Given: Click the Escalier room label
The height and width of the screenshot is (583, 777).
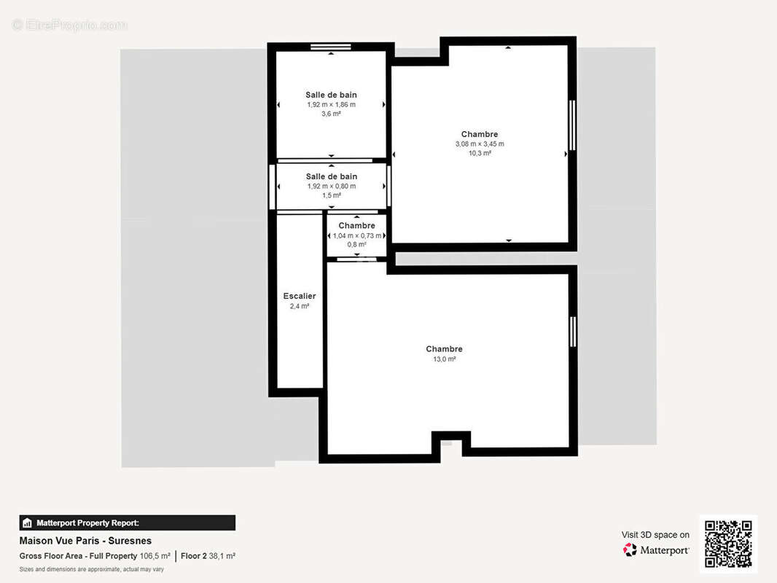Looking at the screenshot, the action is pyautogui.click(x=300, y=296).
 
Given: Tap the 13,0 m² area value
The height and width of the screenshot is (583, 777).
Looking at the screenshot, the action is pyautogui.click(x=445, y=359).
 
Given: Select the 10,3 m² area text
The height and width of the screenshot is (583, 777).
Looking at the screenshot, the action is pyautogui.click(x=480, y=153).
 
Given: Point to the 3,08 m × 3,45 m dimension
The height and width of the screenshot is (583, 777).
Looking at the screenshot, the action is pyautogui.click(x=480, y=144).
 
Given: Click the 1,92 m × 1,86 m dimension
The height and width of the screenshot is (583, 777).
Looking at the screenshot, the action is pyautogui.click(x=331, y=104).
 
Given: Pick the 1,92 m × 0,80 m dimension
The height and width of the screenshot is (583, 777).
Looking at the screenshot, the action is pyautogui.click(x=332, y=187).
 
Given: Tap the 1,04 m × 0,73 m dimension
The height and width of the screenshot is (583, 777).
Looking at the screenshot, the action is pyautogui.click(x=356, y=236).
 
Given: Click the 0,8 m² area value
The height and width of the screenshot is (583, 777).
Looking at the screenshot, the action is pyautogui.click(x=356, y=244).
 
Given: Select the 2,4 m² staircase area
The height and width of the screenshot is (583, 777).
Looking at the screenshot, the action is pyautogui.click(x=300, y=306).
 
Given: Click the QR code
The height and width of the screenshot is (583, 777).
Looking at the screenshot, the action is pyautogui.click(x=728, y=544).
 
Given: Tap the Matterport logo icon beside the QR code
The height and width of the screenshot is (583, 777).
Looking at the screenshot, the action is pyautogui.click(x=630, y=549).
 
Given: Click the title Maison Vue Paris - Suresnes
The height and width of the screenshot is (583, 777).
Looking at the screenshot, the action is pyautogui.click(x=85, y=541).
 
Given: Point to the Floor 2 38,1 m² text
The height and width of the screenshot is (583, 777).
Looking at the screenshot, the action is pyautogui.click(x=208, y=556).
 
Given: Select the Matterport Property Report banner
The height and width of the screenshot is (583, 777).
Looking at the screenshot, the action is pyautogui.click(x=128, y=523).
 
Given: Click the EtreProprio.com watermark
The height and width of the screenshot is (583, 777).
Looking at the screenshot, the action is pyautogui.click(x=69, y=25).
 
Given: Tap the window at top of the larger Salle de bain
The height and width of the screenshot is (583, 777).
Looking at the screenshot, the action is pyautogui.click(x=330, y=47).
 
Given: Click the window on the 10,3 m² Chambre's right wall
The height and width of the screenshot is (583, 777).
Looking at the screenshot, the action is pyautogui.click(x=572, y=125).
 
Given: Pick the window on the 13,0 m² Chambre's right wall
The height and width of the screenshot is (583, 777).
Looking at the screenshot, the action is pyautogui.click(x=573, y=332).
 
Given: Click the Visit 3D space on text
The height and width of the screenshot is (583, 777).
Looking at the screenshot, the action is pyautogui.click(x=655, y=535).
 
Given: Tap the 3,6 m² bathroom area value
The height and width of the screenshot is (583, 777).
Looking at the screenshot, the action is pyautogui.click(x=331, y=114).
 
